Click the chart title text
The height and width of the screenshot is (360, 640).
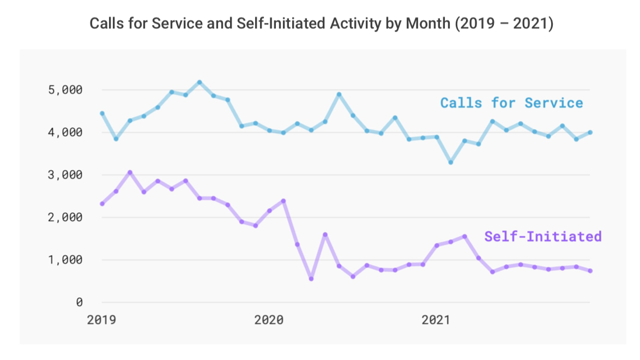coord(321,23)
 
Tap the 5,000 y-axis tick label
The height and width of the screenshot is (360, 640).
coord(65,90)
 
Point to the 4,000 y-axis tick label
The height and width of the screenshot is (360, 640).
coord(65,133)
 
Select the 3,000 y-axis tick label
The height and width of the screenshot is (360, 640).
coord(65,175)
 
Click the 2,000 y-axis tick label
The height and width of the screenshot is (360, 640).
coord(65,218)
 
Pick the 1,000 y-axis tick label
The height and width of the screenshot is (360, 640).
coord(65,260)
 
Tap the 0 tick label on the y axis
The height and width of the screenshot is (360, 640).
coord(79,302)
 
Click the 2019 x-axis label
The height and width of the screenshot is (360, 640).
coord(101,320)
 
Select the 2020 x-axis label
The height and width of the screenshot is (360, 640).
coord(269,320)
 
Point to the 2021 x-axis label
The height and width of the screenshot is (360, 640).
coord(436,320)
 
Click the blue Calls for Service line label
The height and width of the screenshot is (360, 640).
coord(511,103)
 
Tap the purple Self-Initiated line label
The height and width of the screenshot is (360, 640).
coord(543,237)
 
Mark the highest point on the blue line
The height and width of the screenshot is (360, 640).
coord(200,82)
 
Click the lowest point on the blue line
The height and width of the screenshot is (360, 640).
coord(451,163)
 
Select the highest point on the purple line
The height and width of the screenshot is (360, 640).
coord(130,172)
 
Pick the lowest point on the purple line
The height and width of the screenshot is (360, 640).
coord(311,279)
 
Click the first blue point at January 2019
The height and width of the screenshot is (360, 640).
coord(102,113)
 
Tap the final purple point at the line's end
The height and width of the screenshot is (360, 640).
coord(590,271)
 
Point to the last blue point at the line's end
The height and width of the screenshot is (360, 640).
coord(590,133)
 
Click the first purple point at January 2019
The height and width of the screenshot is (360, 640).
coord(102,204)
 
